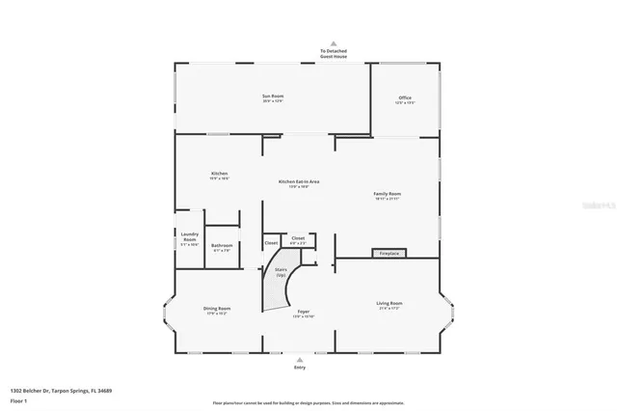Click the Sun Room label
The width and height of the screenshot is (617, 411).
click(273, 96)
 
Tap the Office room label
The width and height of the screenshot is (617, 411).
click(405, 97)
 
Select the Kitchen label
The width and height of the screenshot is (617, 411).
click(219, 174)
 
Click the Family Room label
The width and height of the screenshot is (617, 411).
click(388, 194)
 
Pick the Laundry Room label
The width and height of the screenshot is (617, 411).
click(189, 239)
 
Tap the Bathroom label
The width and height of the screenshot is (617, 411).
click(222, 246)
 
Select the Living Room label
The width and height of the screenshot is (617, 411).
click(389, 304)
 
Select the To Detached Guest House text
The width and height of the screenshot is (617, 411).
click(334, 54)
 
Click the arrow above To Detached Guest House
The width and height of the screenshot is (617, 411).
click(334, 43)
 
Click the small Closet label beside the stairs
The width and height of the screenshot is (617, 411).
click(271, 243)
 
